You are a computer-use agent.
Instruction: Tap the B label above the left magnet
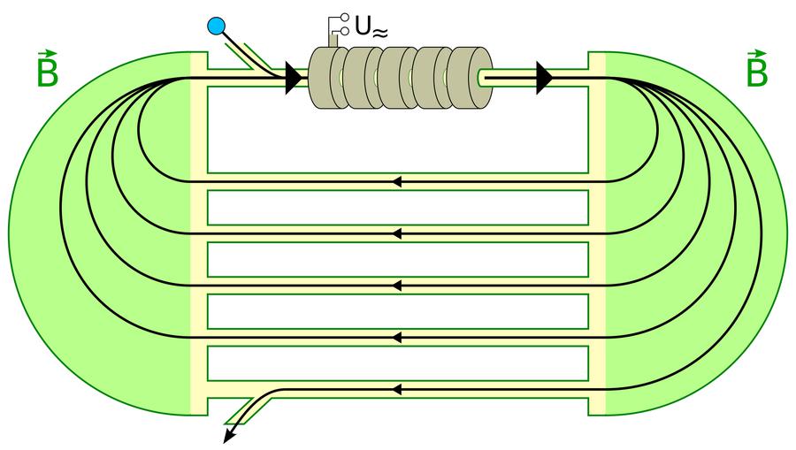47,72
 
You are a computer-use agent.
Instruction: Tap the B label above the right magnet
756,72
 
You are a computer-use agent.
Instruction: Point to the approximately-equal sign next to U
380,33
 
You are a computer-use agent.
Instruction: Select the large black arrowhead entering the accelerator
293,79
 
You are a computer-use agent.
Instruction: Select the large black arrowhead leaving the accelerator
543,79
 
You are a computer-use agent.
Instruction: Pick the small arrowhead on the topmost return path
397,182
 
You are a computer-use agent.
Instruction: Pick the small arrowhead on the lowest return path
397,389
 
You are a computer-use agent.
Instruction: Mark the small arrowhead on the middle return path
397,286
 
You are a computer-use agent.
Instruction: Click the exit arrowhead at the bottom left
229,435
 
